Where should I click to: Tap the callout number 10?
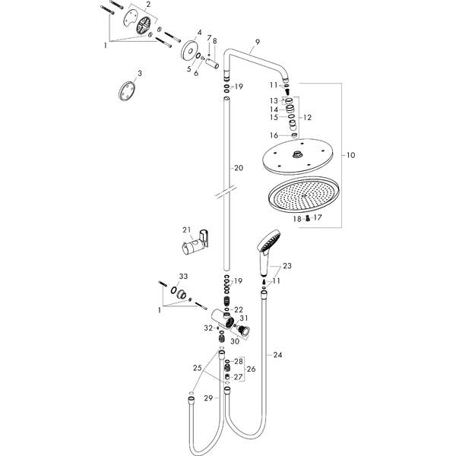point(351,155)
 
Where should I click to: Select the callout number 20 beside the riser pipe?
point(238,167)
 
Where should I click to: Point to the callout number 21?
point(185,230)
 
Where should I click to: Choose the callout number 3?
point(139,74)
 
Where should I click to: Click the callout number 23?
point(287,266)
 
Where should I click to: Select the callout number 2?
point(149,5)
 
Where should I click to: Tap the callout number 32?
point(207,328)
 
